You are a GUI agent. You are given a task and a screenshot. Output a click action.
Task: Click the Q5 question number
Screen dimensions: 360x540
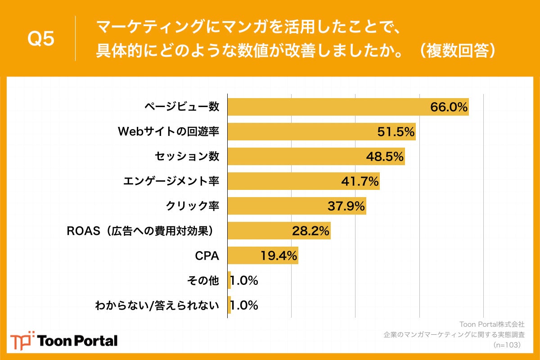(x=41, y=40)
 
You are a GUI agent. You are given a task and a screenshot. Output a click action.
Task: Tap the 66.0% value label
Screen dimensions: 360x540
(x=449, y=107)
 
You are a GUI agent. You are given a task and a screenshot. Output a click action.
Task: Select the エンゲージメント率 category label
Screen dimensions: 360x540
(x=171, y=181)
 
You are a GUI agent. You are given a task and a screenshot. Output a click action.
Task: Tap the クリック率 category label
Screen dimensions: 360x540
(x=193, y=206)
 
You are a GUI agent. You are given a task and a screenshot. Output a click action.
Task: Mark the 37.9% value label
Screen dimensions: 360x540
(x=346, y=206)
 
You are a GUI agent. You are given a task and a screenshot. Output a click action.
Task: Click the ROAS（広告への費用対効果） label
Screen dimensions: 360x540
(x=139, y=231)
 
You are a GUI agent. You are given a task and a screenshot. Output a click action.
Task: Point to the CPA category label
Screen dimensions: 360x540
(x=207, y=256)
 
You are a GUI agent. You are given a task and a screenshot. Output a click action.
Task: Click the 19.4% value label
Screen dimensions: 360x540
(x=279, y=256)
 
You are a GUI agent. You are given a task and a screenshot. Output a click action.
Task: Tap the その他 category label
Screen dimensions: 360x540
(x=202, y=281)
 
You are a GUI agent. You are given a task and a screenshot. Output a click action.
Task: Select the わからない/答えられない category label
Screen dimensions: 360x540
(x=157, y=306)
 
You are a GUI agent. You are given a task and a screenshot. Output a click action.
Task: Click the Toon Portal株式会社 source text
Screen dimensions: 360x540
(x=491, y=324)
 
